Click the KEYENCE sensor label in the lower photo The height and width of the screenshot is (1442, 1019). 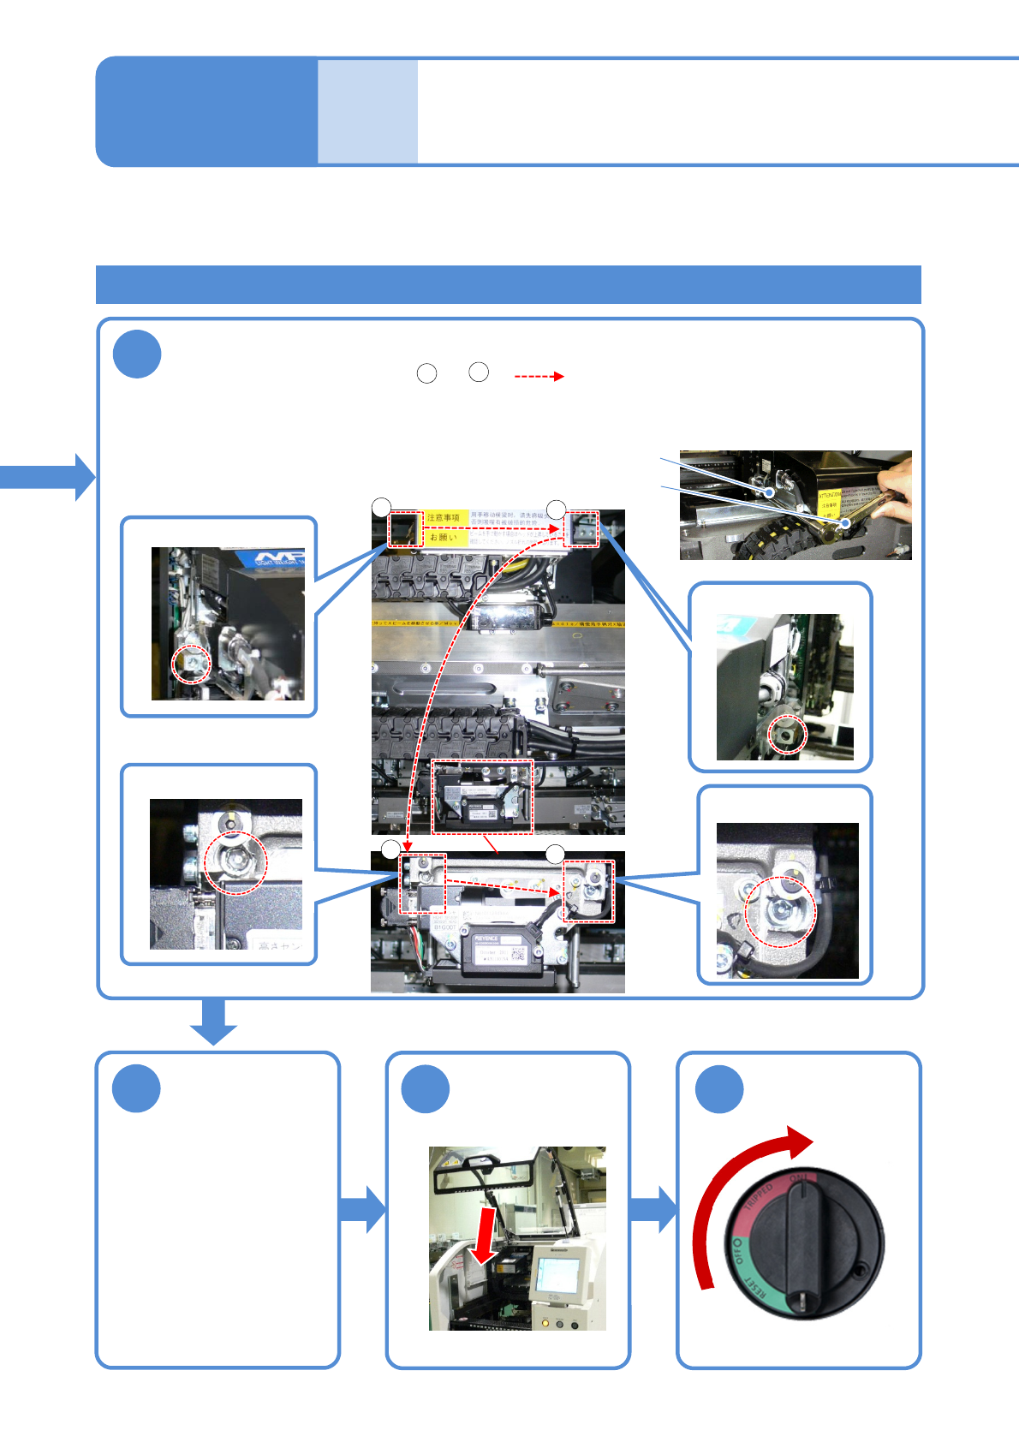click(x=486, y=938)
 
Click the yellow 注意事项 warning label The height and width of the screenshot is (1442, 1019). click(x=444, y=518)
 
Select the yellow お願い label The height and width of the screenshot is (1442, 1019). click(x=444, y=537)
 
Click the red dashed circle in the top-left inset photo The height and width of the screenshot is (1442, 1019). click(x=191, y=663)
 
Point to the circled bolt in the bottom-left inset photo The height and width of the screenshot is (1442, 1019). click(x=235, y=862)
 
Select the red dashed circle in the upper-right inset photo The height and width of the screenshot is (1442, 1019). click(x=787, y=735)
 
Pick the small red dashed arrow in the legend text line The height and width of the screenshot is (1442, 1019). click(x=539, y=376)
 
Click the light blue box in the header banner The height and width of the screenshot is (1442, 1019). click(x=367, y=111)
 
